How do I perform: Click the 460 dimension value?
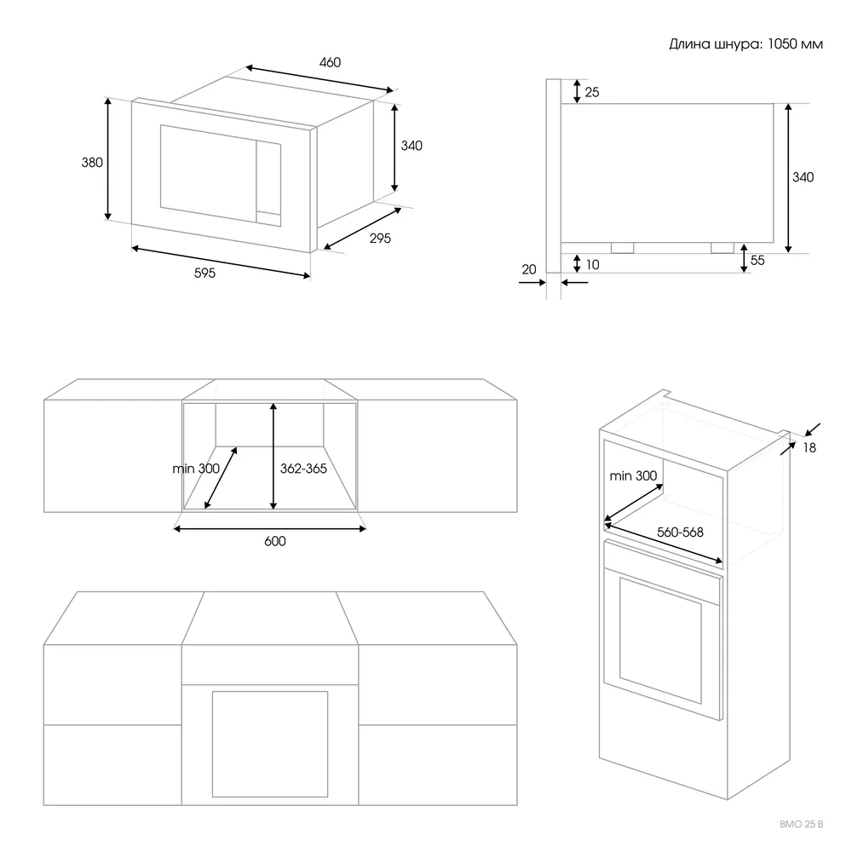click(330, 62)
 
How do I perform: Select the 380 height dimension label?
click(92, 162)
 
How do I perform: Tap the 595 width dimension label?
click(204, 273)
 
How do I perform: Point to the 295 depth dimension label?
click(380, 239)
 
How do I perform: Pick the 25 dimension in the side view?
click(592, 92)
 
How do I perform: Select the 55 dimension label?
click(757, 261)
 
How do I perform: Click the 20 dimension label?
click(528, 269)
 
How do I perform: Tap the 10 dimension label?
click(592, 265)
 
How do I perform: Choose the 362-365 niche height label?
click(303, 468)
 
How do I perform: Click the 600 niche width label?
click(274, 542)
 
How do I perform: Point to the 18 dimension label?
click(809, 447)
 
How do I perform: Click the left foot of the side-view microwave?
click(622, 248)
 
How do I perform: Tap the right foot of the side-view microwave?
click(722, 248)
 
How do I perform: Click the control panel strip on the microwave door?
click(269, 184)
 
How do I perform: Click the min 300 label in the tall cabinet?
click(634, 475)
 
